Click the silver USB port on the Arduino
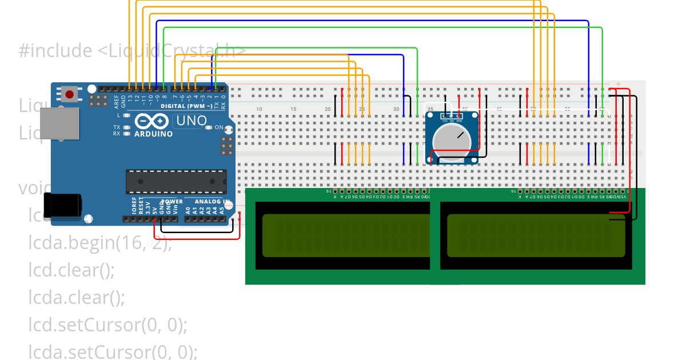point(59,123)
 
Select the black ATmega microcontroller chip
point(176,181)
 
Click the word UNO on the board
point(192,121)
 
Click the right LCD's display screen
point(536,235)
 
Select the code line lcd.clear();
point(71,270)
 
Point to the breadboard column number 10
point(259,109)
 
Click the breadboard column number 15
point(293,109)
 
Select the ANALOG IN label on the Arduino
point(213,202)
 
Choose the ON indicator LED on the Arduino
point(209,127)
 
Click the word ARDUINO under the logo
point(153,134)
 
